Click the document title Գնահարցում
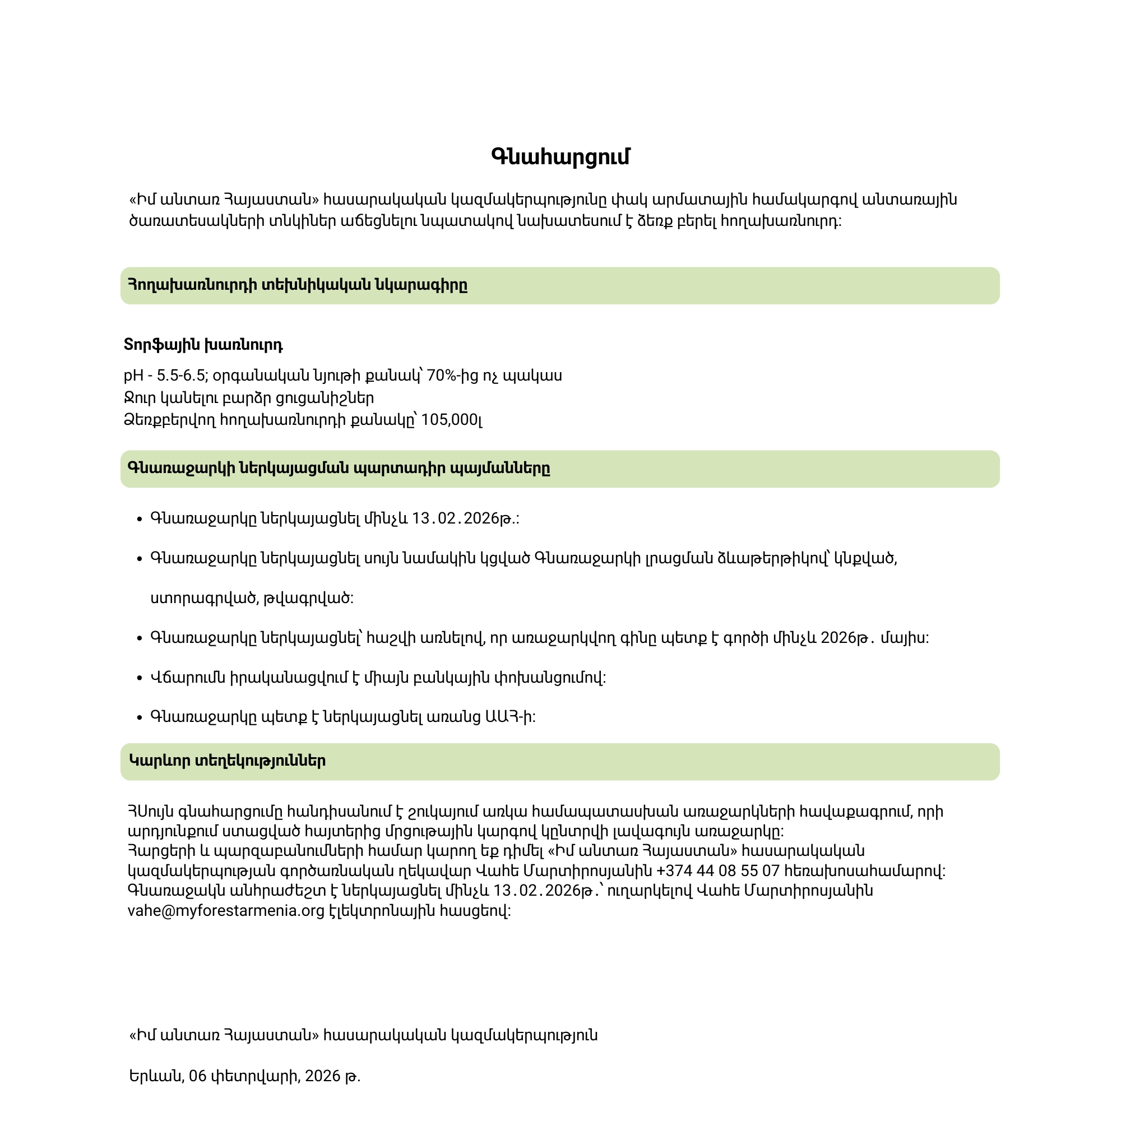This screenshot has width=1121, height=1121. pyautogui.click(x=560, y=157)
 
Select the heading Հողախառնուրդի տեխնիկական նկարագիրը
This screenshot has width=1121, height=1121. pyautogui.click(x=298, y=285)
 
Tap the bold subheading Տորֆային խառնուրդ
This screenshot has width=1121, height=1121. pyautogui.click(x=203, y=345)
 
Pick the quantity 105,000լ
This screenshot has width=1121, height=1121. pyautogui.click(x=451, y=419)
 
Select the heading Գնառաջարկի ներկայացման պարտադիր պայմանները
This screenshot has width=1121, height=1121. pyautogui.click(x=339, y=468)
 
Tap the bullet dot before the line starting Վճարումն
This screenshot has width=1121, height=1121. pyautogui.click(x=139, y=678)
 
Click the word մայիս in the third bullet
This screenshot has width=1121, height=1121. pyautogui.click(x=905, y=638)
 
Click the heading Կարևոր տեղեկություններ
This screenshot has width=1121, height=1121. pyautogui.click(x=227, y=761)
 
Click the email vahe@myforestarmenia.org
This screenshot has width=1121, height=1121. pyautogui.click(x=226, y=911)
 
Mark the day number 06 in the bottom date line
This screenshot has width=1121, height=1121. pyautogui.click(x=198, y=1076)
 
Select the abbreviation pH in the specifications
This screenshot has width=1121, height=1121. pyautogui.click(x=133, y=376)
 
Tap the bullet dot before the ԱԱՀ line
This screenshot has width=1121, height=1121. pyautogui.click(x=139, y=718)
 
